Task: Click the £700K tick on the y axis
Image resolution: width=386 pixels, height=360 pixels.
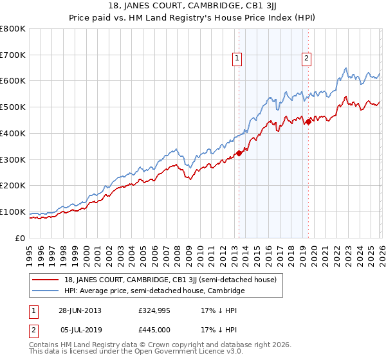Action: point(13,55)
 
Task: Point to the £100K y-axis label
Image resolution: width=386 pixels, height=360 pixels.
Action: point(13,212)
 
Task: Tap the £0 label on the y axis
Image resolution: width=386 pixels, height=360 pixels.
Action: point(21,238)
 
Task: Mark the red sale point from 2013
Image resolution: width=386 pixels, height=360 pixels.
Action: point(239,153)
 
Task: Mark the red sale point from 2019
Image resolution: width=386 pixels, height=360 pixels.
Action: point(308,122)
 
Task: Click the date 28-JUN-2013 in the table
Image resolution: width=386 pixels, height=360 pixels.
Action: point(80,310)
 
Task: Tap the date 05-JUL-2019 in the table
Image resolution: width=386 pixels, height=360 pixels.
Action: point(80,330)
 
